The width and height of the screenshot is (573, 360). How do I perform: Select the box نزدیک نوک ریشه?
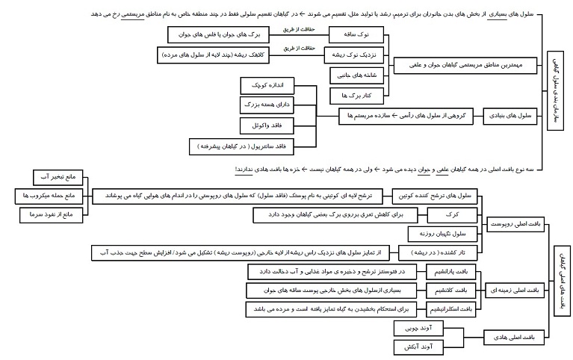point(354,55)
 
